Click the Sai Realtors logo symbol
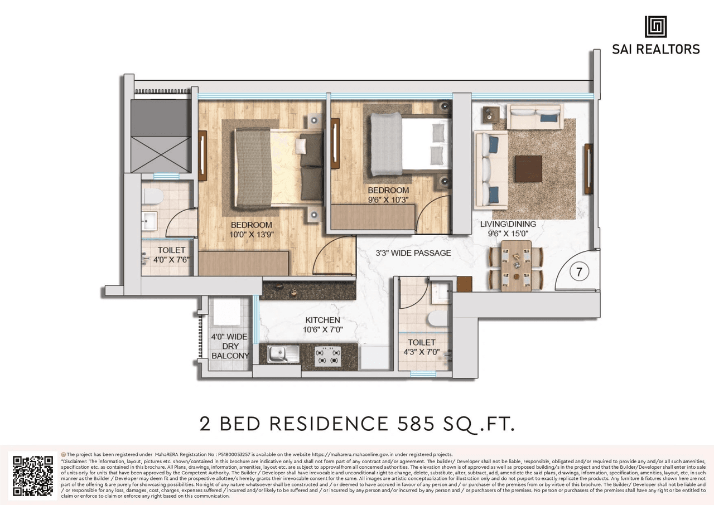point(655,26)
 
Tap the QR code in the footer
point(33,476)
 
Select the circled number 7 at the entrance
point(580,273)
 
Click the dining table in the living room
point(516,266)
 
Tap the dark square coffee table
point(528,168)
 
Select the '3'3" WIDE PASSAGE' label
point(413,253)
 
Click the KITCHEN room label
point(322,320)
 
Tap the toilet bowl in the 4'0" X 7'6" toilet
point(152,196)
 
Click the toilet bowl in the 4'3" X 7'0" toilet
point(438,318)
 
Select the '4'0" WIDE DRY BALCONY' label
point(230,346)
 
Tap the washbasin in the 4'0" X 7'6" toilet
point(149,221)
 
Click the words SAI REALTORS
point(655,49)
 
